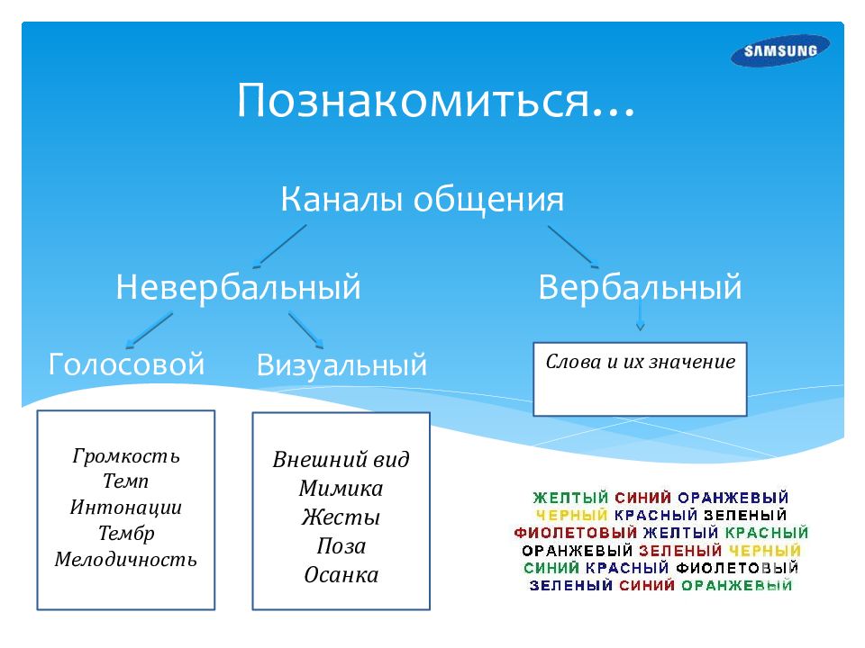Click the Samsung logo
pyautogui.click(x=780, y=50)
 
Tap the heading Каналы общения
pyautogui.click(x=423, y=200)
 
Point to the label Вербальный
pyautogui.click(x=640, y=287)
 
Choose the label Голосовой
pyautogui.click(x=126, y=364)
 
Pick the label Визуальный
pyautogui.click(x=341, y=365)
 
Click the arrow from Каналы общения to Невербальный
pyautogui.click(x=279, y=246)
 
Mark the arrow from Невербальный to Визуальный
pyautogui.click(x=305, y=330)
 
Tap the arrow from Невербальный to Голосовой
pyautogui.click(x=149, y=330)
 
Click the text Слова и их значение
pyautogui.click(x=640, y=362)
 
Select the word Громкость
pyautogui.click(x=126, y=456)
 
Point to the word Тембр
pyautogui.click(x=126, y=534)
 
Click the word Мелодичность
pyautogui.click(x=126, y=559)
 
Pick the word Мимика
pyautogui.click(x=341, y=488)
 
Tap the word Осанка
pyautogui.click(x=341, y=575)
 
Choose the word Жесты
pyautogui.click(x=341, y=517)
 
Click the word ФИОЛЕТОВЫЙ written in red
pyautogui.click(x=576, y=533)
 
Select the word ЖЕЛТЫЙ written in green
pyautogui.click(x=570, y=498)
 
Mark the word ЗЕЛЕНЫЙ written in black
pyautogui.click(x=745, y=515)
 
